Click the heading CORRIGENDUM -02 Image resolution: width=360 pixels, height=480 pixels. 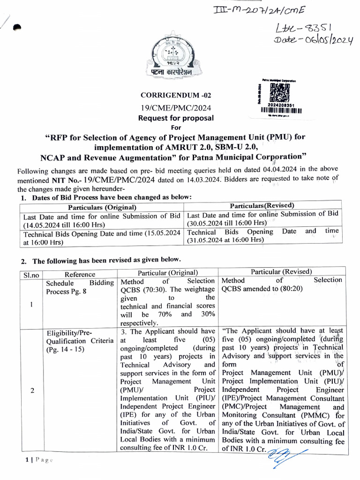[172, 95]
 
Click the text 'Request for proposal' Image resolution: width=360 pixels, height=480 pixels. [175, 118]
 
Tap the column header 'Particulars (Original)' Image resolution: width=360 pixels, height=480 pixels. [102, 207]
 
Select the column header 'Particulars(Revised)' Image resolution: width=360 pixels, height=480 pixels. [262, 206]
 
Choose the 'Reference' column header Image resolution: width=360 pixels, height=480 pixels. [80, 274]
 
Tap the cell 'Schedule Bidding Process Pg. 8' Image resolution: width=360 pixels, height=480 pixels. [80, 287]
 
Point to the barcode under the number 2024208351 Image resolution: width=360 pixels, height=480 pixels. [281, 111]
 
